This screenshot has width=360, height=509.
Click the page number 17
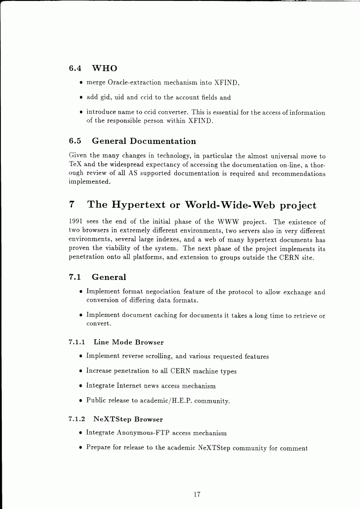click(x=197, y=495)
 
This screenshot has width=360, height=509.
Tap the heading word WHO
click(x=104, y=68)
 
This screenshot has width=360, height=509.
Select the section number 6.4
click(x=75, y=68)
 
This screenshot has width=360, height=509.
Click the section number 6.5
click(x=75, y=141)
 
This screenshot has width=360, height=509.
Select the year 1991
click(x=77, y=222)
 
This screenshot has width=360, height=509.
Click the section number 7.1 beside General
click(x=75, y=277)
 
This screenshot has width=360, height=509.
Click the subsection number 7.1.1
click(x=77, y=342)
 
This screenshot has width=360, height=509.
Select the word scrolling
click(x=158, y=356)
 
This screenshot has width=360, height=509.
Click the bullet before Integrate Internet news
click(x=80, y=386)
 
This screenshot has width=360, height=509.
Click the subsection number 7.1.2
click(x=77, y=419)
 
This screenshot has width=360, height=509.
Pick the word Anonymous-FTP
click(x=143, y=433)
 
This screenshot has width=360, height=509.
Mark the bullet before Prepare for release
click(x=80, y=448)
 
